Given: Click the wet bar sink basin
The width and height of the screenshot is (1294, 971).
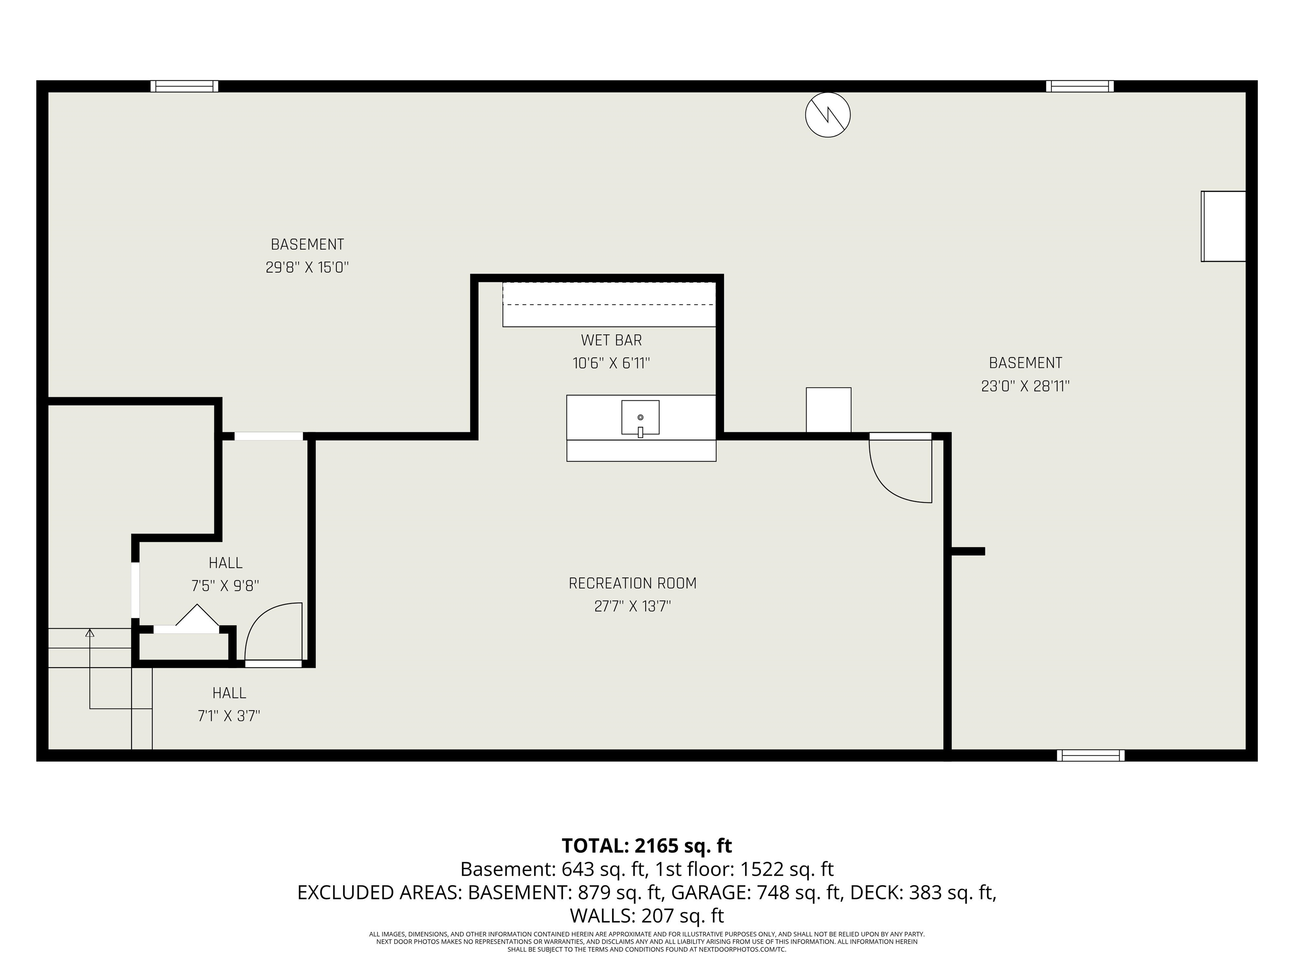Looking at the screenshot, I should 640,417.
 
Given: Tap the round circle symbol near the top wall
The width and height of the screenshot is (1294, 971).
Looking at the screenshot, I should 827,115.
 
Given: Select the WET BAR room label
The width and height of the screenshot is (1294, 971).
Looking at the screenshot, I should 611,340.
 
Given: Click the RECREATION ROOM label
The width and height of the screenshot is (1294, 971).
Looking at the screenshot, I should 632,583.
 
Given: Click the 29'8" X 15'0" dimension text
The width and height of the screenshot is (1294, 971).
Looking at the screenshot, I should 307,268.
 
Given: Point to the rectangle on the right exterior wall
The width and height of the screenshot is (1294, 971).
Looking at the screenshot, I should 1223,226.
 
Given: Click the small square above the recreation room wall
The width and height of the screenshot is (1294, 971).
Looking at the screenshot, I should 829,410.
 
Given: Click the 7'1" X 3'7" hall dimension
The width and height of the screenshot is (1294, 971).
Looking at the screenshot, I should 229,716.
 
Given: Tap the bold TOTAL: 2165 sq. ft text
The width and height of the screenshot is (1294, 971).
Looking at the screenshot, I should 647,845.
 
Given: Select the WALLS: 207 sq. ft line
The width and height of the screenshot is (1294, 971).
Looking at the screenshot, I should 647,915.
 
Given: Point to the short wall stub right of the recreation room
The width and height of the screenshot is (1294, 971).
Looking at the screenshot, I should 968,551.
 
